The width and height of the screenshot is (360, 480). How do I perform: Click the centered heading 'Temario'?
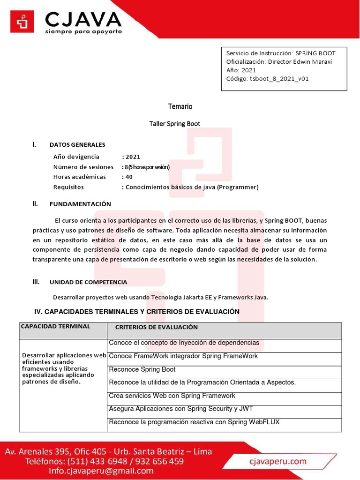(x=180, y=106)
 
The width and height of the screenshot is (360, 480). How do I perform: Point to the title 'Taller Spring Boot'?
(x=174, y=124)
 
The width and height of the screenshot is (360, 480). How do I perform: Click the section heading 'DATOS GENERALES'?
(x=77, y=145)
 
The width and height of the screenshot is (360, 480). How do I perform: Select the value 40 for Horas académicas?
(x=128, y=177)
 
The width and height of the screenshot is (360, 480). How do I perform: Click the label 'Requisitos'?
(x=68, y=187)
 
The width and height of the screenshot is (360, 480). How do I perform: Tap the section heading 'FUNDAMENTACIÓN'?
(x=80, y=204)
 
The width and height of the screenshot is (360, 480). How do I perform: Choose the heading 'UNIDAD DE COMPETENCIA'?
(x=88, y=282)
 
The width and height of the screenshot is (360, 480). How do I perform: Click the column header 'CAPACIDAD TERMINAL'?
(x=56, y=326)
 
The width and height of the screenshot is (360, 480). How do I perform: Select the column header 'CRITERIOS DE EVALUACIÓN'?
(x=156, y=327)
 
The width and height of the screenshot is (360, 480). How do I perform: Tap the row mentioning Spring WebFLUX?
(x=194, y=422)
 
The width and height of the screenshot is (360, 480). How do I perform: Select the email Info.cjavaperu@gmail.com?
(x=79, y=471)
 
